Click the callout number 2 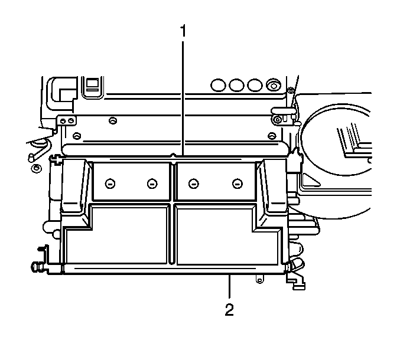(229, 309)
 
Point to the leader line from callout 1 (183, 99)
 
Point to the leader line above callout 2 (230, 286)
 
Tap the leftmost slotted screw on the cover (110, 184)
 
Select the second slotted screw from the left (152, 184)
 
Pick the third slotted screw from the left (194, 184)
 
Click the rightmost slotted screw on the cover (238, 184)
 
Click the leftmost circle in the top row (219, 86)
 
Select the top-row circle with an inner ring (274, 86)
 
